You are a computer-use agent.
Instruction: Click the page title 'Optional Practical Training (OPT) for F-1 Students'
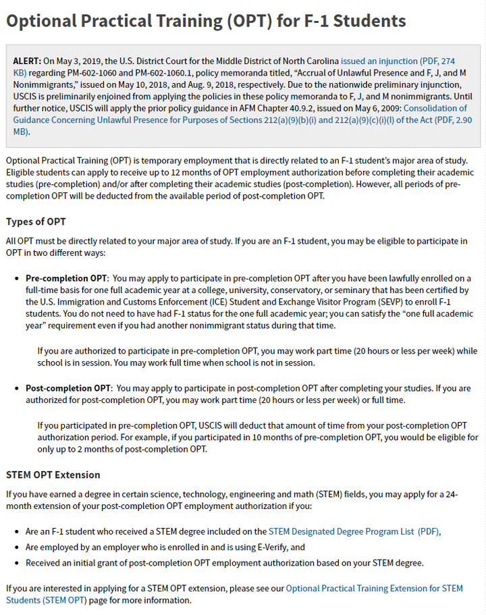coord(206,21)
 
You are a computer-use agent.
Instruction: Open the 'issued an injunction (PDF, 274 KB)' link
coord(398,61)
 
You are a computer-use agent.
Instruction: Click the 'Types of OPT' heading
coord(36,222)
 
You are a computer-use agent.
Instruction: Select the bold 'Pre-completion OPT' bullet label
coord(66,278)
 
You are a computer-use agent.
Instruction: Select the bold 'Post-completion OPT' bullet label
coord(67,388)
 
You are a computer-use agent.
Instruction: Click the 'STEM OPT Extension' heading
coord(53,475)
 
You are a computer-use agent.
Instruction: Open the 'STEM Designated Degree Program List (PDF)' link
coord(354,531)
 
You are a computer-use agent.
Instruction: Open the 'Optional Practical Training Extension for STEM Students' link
coord(374,588)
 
